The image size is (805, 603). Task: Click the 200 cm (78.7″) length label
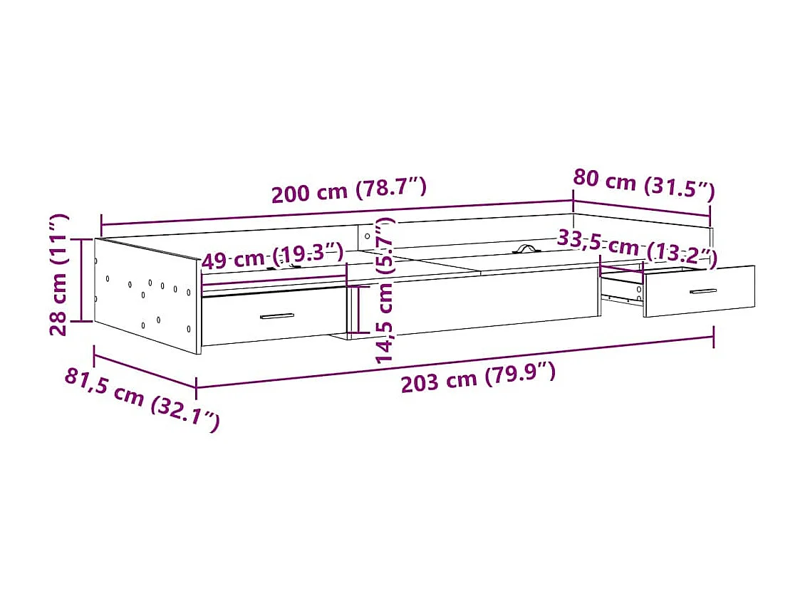click(348, 190)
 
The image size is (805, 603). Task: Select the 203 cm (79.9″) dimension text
click(478, 377)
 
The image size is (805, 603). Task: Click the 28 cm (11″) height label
click(59, 274)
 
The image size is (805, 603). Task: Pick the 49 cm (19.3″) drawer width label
click(273, 256)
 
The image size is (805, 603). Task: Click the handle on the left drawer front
click(277, 316)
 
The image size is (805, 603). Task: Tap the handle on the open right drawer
click(703, 291)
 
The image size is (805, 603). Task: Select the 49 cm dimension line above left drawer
click(274, 280)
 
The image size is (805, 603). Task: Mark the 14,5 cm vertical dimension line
click(359, 310)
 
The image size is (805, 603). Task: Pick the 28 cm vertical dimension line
click(82, 280)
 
